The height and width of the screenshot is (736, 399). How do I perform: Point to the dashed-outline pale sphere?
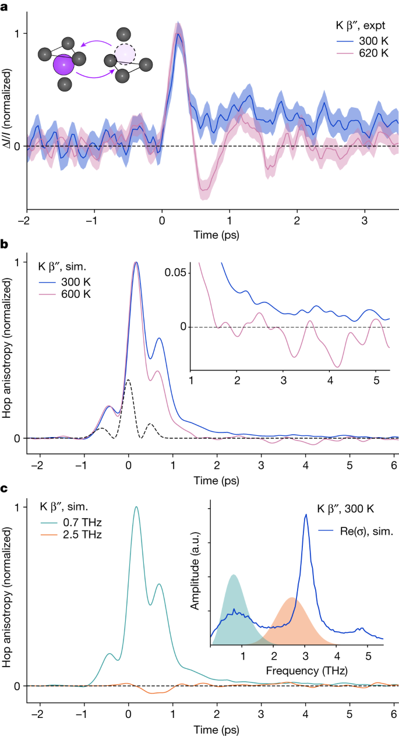tap(125, 54)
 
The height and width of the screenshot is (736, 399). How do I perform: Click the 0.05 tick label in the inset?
tap(178, 272)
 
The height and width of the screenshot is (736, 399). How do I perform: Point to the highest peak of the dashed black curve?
tap(128, 380)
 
